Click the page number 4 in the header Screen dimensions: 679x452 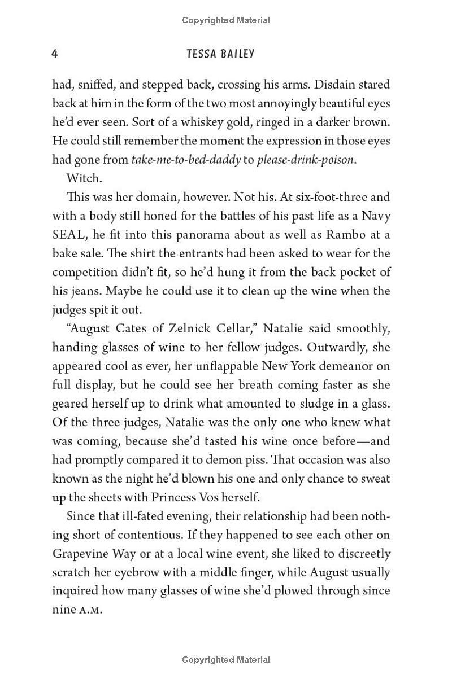tap(55, 54)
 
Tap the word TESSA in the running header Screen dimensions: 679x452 tap(202, 54)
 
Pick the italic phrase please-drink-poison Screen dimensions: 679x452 tap(306, 160)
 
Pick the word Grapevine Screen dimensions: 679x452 tap(79, 554)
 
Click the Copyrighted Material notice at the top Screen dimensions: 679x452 tap(226, 20)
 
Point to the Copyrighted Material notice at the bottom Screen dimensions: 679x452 tap(226, 659)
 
